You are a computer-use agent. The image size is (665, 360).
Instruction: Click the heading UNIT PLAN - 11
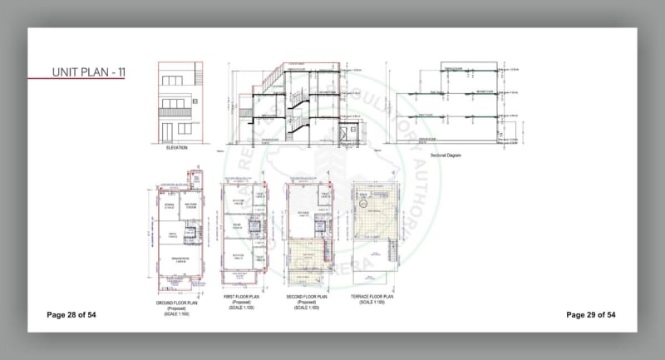tap(89, 72)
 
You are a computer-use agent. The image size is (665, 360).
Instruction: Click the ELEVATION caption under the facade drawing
tap(177, 148)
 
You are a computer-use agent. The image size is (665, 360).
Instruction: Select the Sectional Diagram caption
tap(446, 155)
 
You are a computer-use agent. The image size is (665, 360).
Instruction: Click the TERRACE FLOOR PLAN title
tap(371, 296)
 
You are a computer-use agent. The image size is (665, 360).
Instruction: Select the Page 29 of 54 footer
tap(590, 315)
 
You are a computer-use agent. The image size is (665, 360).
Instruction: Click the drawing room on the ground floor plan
tap(177, 265)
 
